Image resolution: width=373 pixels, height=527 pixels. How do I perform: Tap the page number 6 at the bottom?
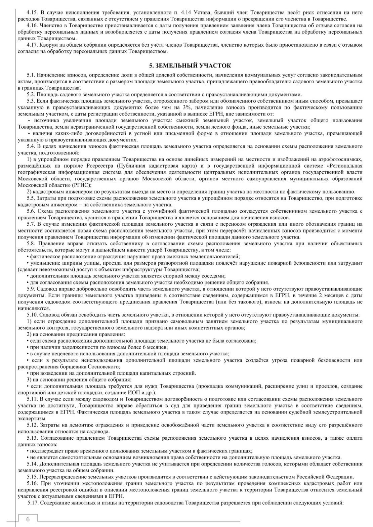click(28, 519)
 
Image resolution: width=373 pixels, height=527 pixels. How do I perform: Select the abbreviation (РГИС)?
click(82, 185)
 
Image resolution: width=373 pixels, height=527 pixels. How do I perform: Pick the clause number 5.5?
click(33, 198)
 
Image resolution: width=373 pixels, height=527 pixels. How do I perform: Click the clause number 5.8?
click(33, 244)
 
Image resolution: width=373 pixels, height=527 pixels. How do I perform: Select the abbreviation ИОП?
click(130, 393)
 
